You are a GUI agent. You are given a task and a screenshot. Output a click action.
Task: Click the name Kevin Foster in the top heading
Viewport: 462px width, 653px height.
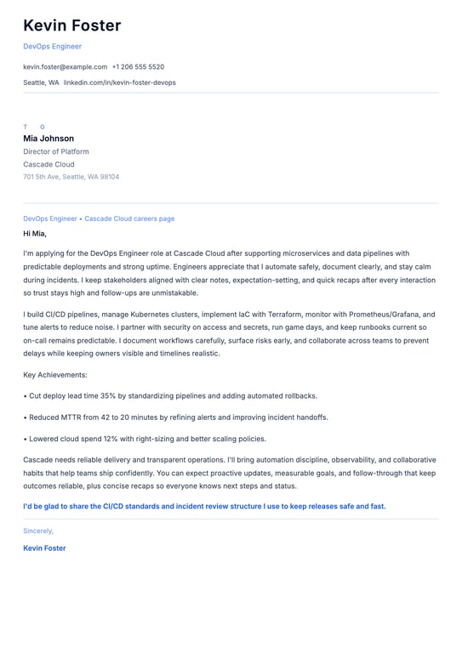click(x=72, y=26)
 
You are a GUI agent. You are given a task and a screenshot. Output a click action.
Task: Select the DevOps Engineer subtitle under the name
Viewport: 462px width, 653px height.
click(x=52, y=47)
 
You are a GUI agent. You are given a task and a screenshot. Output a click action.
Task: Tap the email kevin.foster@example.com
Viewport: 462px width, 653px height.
click(x=66, y=66)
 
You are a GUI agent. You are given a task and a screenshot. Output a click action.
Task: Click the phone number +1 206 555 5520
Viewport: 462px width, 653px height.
click(x=138, y=66)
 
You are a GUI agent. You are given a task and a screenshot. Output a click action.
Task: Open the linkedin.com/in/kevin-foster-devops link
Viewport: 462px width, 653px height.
click(x=120, y=82)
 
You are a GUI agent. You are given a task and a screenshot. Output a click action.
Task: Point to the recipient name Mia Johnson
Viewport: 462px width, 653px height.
click(x=48, y=139)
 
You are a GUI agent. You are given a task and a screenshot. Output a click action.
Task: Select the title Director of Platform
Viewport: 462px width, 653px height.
click(x=56, y=151)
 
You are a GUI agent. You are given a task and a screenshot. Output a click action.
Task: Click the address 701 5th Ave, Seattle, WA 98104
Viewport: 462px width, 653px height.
click(x=71, y=177)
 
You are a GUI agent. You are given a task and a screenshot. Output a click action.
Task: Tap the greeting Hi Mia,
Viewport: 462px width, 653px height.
click(x=35, y=233)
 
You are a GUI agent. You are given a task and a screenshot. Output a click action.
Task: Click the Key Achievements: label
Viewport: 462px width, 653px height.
click(x=55, y=375)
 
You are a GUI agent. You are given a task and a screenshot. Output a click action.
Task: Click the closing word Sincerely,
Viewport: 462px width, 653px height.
click(x=38, y=530)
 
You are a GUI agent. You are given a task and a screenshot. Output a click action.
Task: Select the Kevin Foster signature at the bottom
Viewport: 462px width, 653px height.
click(x=44, y=548)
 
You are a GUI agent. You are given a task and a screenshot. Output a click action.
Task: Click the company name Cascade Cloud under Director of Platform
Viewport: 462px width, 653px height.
click(x=48, y=164)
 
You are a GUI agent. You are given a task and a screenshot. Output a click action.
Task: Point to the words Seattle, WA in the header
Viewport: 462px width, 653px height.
click(x=41, y=82)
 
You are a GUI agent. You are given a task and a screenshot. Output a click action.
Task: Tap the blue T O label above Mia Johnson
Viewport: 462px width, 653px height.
click(x=34, y=127)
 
